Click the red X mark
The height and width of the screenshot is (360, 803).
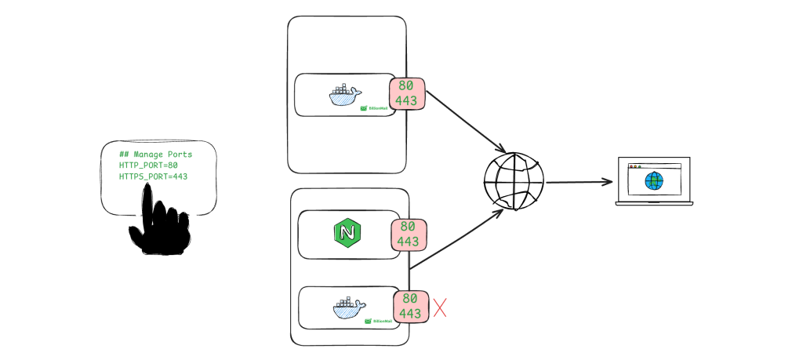440,307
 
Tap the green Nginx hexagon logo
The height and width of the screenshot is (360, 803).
346,234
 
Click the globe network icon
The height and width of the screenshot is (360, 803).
513,182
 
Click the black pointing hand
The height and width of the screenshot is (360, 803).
162,224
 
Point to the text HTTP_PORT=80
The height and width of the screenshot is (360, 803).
148,165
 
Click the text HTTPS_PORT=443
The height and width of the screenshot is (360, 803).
153,176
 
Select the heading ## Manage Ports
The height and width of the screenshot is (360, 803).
155,155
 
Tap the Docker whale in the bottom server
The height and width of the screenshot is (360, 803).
349,308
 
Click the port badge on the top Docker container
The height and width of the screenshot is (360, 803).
407,93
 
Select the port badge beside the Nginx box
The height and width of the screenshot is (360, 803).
408,235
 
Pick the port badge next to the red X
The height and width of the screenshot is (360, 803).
411,306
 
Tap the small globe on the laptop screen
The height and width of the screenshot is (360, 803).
653,180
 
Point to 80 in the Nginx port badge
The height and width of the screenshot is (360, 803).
408,227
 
